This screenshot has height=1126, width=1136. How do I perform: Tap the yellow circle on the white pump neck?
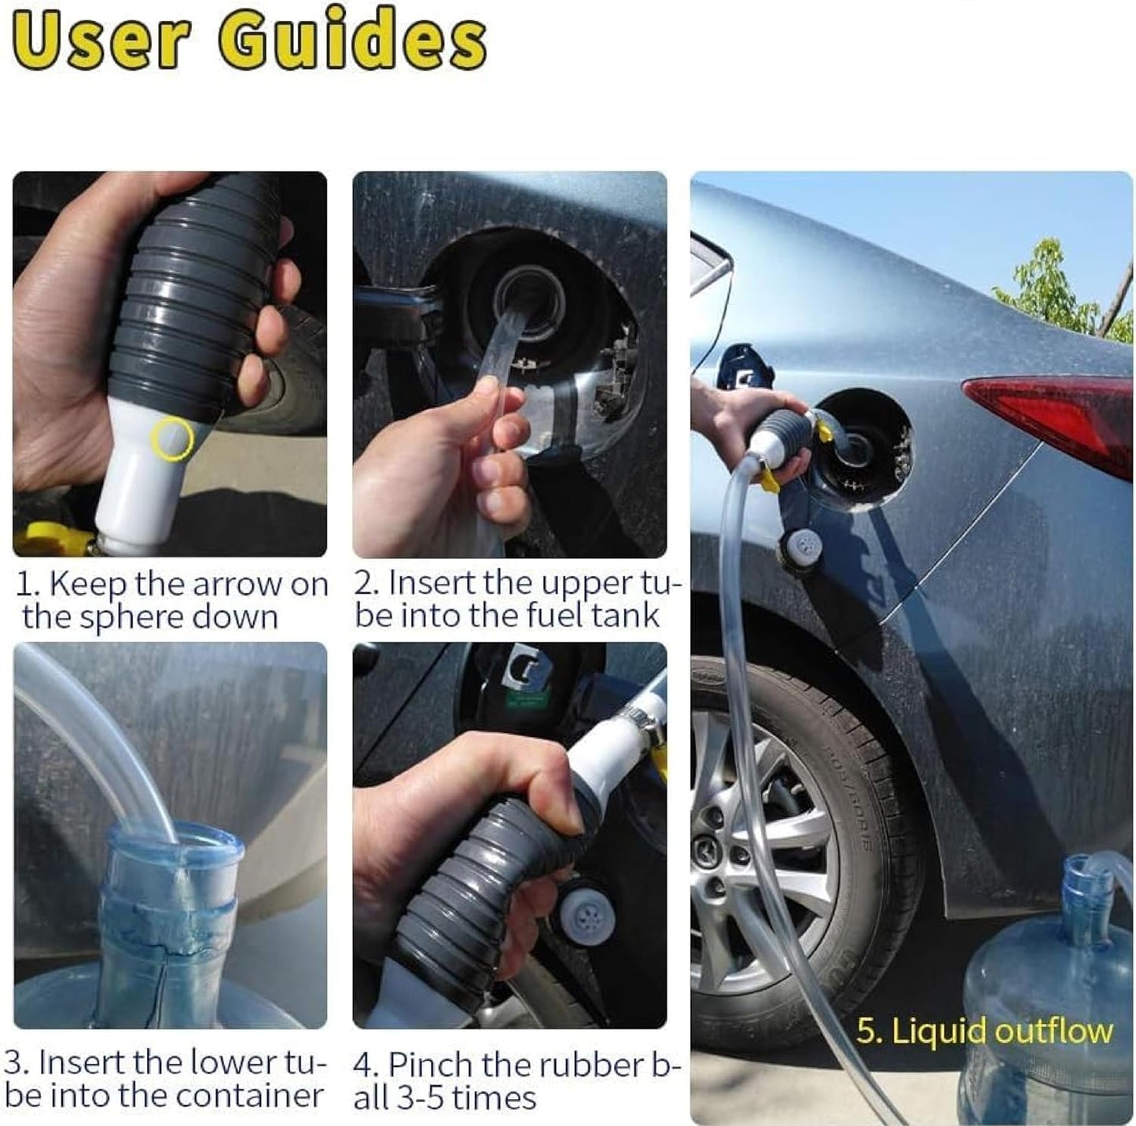171,439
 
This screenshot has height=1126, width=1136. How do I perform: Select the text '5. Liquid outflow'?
984,1032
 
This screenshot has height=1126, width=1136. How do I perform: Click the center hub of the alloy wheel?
711,852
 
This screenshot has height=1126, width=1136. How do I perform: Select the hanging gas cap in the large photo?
803,548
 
